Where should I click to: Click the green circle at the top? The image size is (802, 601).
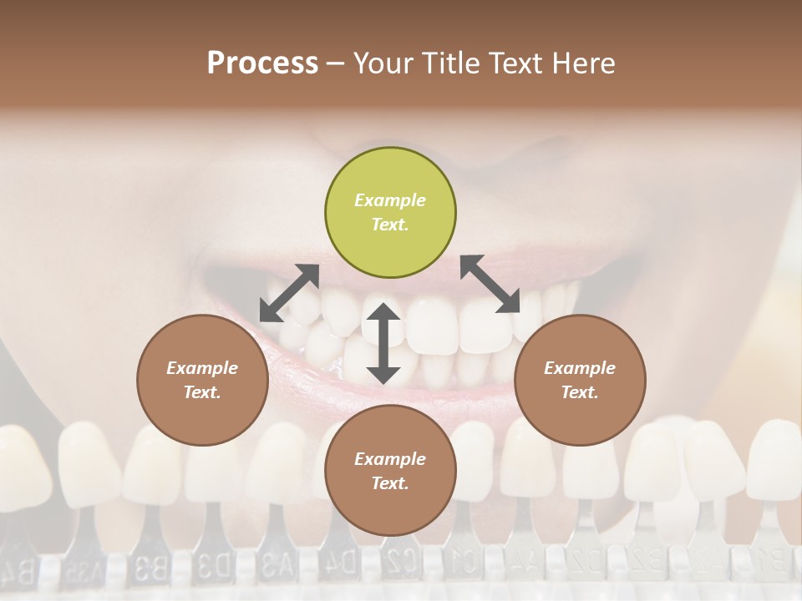390,213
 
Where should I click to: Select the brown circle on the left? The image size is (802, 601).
202,380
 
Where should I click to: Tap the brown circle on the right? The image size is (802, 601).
580,380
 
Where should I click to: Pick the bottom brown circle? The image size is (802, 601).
390,471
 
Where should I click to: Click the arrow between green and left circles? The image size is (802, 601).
289,293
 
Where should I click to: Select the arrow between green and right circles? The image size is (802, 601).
490,284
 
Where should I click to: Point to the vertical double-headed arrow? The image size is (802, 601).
383,343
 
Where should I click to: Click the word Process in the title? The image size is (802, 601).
262,63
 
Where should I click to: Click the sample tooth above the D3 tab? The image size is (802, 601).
213,467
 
